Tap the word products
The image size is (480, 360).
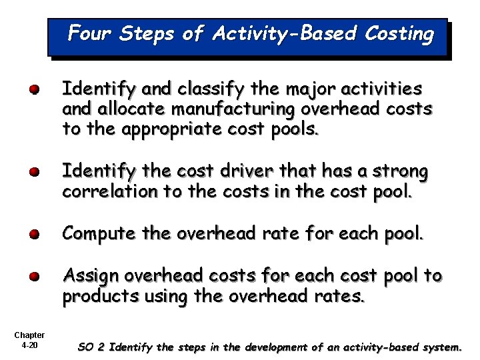pyautogui.click(x=93, y=297)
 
